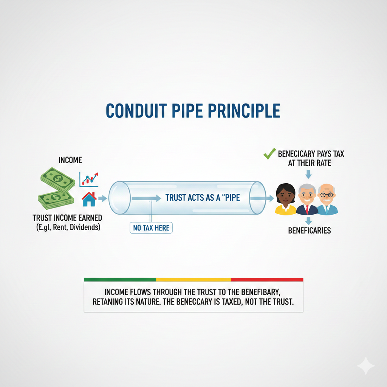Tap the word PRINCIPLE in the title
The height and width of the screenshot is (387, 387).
[x=245, y=111]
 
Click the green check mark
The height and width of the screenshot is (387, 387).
[x=269, y=154]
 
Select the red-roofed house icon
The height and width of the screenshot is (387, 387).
[x=89, y=199]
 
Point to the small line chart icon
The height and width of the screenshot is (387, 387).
[x=89, y=180]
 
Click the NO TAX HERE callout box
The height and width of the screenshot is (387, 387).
[x=151, y=228]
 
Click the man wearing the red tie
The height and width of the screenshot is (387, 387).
[x=307, y=200]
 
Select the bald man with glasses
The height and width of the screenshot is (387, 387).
[x=327, y=200]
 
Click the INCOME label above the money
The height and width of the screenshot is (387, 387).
[x=70, y=160]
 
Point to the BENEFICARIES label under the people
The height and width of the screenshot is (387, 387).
[x=310, y=231]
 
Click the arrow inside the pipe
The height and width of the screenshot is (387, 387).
[x=146, y=198]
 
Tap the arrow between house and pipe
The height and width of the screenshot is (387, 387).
[x=103, y=198]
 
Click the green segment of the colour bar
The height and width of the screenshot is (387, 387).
[x=120, y=279]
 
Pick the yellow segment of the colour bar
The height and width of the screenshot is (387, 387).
[x=193, y=279]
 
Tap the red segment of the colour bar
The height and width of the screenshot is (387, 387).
[x=267, y=279]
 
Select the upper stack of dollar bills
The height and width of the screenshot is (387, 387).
[x=58, y=180]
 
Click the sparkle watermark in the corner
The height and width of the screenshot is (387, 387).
[x=366, y=366]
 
